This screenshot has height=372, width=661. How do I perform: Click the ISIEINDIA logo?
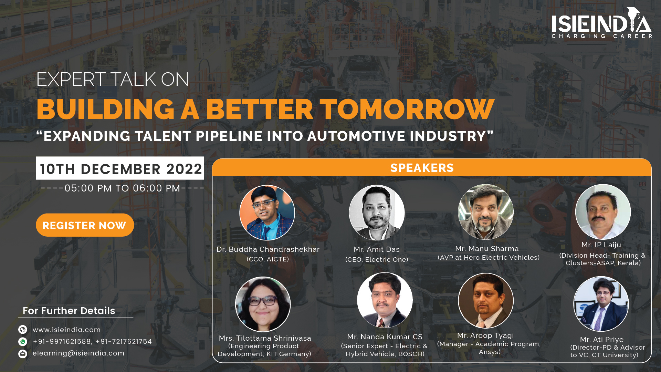601,23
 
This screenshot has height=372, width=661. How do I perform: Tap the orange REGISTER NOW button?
85,225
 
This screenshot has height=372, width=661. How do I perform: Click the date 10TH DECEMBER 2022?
120,168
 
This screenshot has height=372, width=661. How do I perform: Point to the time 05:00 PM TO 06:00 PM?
123,188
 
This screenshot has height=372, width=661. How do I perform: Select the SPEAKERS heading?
422,168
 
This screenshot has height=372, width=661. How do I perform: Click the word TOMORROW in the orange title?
407,109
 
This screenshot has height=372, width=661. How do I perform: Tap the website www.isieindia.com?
67,330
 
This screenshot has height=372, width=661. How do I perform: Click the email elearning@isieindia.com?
78,353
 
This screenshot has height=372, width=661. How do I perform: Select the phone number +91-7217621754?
124,341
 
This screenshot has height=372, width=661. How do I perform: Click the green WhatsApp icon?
23,342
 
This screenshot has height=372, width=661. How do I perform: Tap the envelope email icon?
23,354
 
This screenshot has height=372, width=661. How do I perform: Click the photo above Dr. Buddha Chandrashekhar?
267,213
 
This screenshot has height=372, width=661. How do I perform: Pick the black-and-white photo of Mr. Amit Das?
377,213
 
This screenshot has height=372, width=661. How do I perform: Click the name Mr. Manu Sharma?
487,249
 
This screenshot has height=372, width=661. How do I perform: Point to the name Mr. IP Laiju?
601,245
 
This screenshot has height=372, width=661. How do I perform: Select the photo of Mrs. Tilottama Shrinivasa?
263,304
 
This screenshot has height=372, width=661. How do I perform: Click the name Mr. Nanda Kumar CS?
385,337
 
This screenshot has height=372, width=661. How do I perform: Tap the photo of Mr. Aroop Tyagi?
486,301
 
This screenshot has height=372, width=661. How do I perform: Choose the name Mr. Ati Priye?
601,340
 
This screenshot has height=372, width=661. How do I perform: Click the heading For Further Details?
69,311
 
